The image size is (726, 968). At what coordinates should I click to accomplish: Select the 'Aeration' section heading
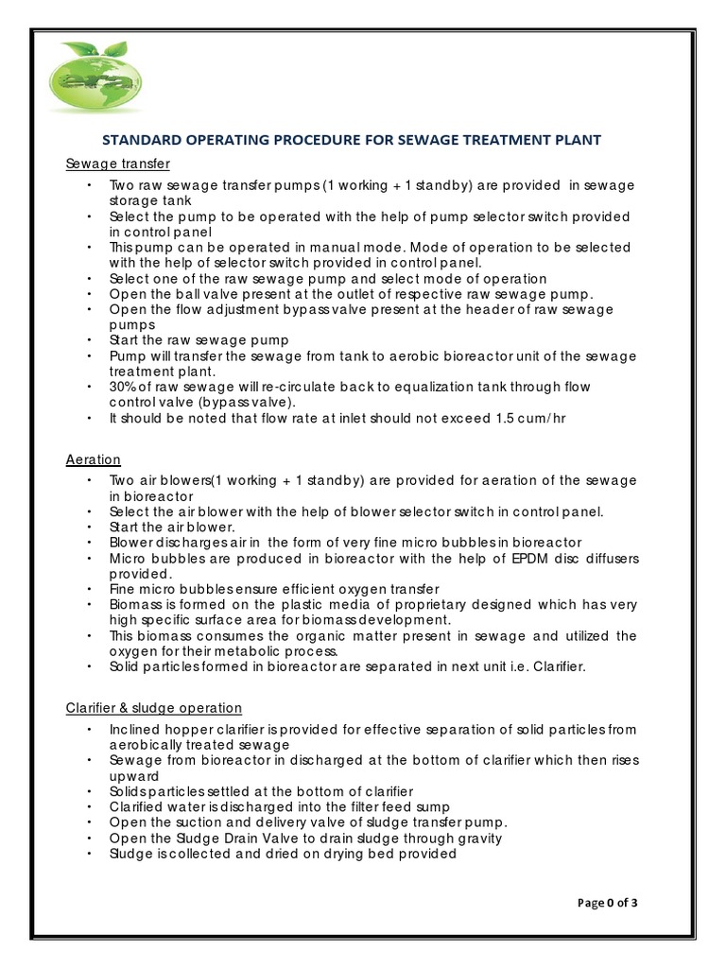tap(93, 459)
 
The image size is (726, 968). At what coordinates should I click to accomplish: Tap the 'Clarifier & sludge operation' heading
tap(153, 707)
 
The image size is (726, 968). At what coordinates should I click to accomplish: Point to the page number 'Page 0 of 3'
tap(607, 902)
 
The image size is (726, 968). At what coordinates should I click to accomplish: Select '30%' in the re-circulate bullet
tap(123, 388)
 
